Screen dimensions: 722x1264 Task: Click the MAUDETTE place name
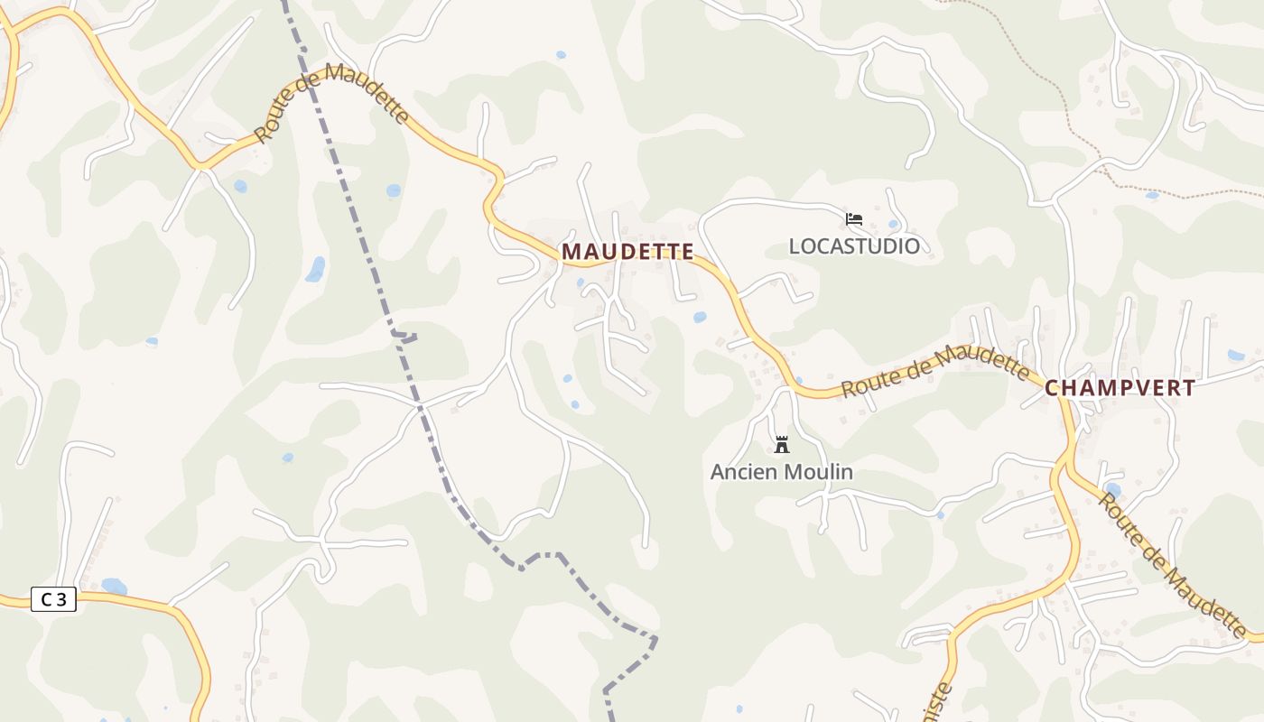[x=627, y=252]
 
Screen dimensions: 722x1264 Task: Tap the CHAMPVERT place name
[x=1120, y=388]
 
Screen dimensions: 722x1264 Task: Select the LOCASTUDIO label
[x=854, y=246]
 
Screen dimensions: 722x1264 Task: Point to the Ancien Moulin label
[x=781, y=472]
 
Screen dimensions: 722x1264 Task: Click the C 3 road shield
[x=53, y=599]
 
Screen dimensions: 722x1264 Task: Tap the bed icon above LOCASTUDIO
[x=854, y=219]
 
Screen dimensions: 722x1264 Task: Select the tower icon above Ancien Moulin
[x=782, y=445]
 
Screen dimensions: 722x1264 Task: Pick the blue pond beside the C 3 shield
[x=114, y=587]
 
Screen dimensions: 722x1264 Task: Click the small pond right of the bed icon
[x=893, y=223]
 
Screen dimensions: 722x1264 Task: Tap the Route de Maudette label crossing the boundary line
[x=331, y=101]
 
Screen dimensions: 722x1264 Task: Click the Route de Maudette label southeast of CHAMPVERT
[x=1171, y=564]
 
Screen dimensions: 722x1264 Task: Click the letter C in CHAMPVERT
[x=1052, y=388]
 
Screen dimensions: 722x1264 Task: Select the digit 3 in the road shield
[x=60, y=599]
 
